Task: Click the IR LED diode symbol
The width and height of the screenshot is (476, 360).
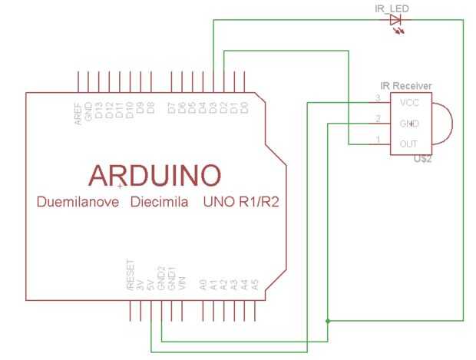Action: point(397,21)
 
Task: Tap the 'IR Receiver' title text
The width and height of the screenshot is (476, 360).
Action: point(406,85)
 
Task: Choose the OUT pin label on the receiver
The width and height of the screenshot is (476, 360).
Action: point(408,144)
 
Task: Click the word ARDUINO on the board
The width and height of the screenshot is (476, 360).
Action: point(155,175)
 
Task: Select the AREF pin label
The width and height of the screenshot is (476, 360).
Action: point(78,112)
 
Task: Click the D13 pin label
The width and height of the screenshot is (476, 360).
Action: point(99,112)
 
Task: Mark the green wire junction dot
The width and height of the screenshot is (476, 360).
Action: point(329,319)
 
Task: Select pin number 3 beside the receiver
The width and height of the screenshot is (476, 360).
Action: point(377,97)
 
